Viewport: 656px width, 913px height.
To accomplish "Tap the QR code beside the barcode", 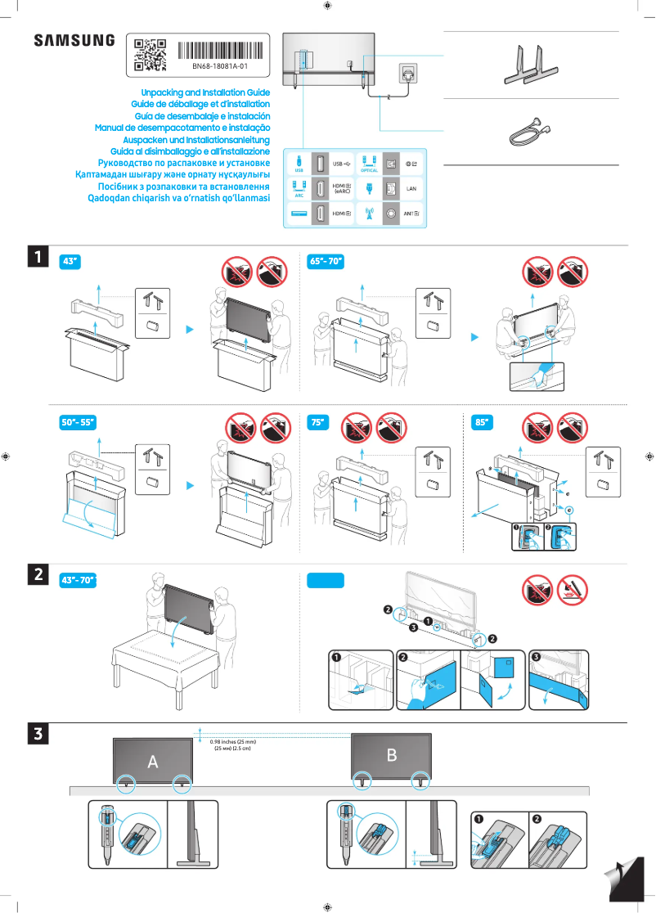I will (150, 54).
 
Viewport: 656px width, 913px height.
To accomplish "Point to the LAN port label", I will (412, 189).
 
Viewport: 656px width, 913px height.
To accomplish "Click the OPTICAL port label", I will (368, 170).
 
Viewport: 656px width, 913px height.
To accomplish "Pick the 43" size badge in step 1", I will (71, 262).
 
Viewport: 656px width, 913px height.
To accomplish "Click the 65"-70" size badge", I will (325, 262).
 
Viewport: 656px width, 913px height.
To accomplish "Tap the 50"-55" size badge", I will (79, 423).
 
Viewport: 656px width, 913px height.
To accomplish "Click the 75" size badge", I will (317, 423).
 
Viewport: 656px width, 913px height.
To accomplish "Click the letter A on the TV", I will (153, 762).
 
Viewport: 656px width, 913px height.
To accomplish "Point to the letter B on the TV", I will (392, 755).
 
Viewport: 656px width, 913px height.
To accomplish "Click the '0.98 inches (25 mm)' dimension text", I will (233, 741).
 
